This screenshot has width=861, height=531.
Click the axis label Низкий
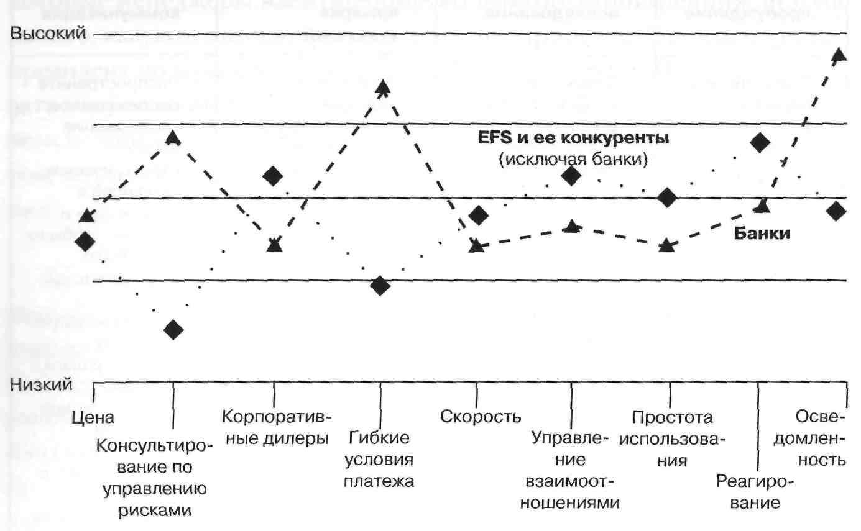42,384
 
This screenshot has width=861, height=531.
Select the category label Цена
93,417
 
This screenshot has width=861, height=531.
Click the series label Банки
762,234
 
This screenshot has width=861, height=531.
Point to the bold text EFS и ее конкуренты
572,138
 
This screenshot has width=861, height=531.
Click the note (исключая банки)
573,160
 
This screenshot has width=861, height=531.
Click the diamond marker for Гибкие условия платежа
380,286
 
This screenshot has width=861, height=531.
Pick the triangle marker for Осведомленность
838,54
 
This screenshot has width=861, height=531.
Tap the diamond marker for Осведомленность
837,211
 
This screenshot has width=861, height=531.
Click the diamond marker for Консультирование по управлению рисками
173,330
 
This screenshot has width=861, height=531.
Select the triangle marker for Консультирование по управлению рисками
173,137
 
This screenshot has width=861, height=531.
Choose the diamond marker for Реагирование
760,143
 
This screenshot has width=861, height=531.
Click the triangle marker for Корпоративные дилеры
274,245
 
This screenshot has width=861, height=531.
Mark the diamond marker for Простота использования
667,198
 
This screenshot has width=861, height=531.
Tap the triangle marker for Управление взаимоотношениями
572,227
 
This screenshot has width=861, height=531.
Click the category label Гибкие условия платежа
379,459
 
